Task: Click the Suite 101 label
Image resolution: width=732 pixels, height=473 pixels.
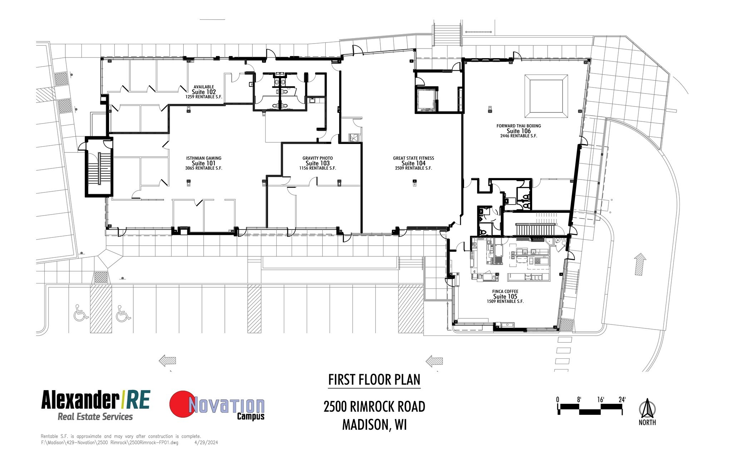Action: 203,163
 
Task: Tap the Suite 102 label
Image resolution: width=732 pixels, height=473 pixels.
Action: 204,92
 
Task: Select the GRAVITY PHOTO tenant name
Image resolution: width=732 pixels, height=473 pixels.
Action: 317,158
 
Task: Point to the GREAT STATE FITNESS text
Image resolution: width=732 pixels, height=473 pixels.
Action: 414,158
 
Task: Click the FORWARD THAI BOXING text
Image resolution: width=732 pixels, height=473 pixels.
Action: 519,126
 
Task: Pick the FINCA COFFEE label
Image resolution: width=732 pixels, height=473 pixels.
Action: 505,291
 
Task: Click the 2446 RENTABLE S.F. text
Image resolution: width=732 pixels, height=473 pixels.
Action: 519,136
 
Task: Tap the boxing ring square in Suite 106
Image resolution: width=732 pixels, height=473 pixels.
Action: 546,96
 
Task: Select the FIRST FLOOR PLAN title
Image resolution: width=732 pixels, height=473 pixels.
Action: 374,379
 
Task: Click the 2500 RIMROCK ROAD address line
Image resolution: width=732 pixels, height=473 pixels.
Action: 374,407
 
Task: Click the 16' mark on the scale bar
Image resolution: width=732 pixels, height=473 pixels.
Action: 600,400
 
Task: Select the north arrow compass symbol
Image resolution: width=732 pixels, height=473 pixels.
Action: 647,409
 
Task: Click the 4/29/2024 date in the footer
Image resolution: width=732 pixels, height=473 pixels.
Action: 206,443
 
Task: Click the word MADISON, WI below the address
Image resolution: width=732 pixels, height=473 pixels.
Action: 374,424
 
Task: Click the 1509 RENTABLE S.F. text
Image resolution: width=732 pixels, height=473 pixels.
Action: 505,302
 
